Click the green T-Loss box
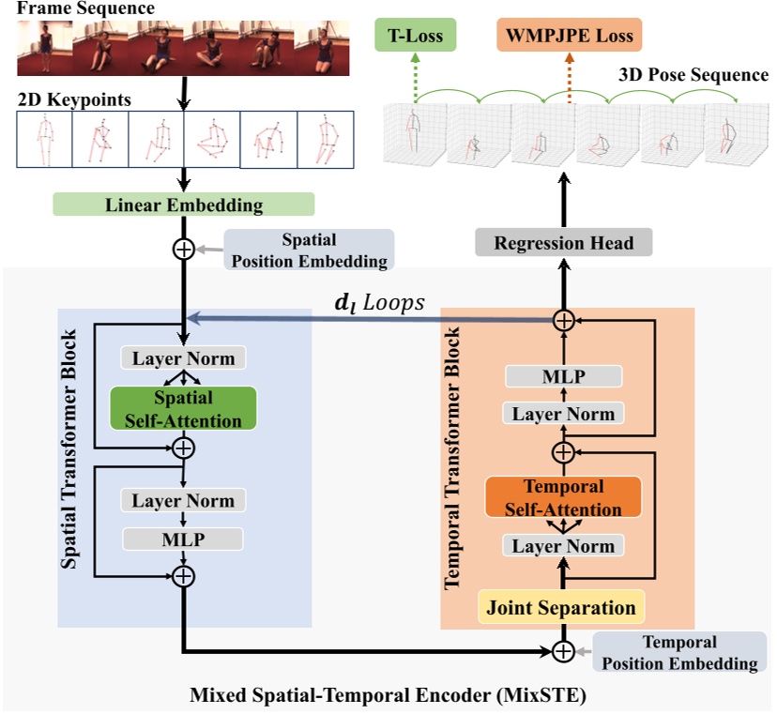(416, 36)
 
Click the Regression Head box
(564, 243)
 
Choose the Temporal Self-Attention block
(562, 498)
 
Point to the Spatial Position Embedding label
(309, 250)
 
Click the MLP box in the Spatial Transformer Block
(184, 539)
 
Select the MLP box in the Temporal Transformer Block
(563, 377)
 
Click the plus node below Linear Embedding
(184, 250)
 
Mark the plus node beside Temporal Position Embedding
(563, 651)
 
